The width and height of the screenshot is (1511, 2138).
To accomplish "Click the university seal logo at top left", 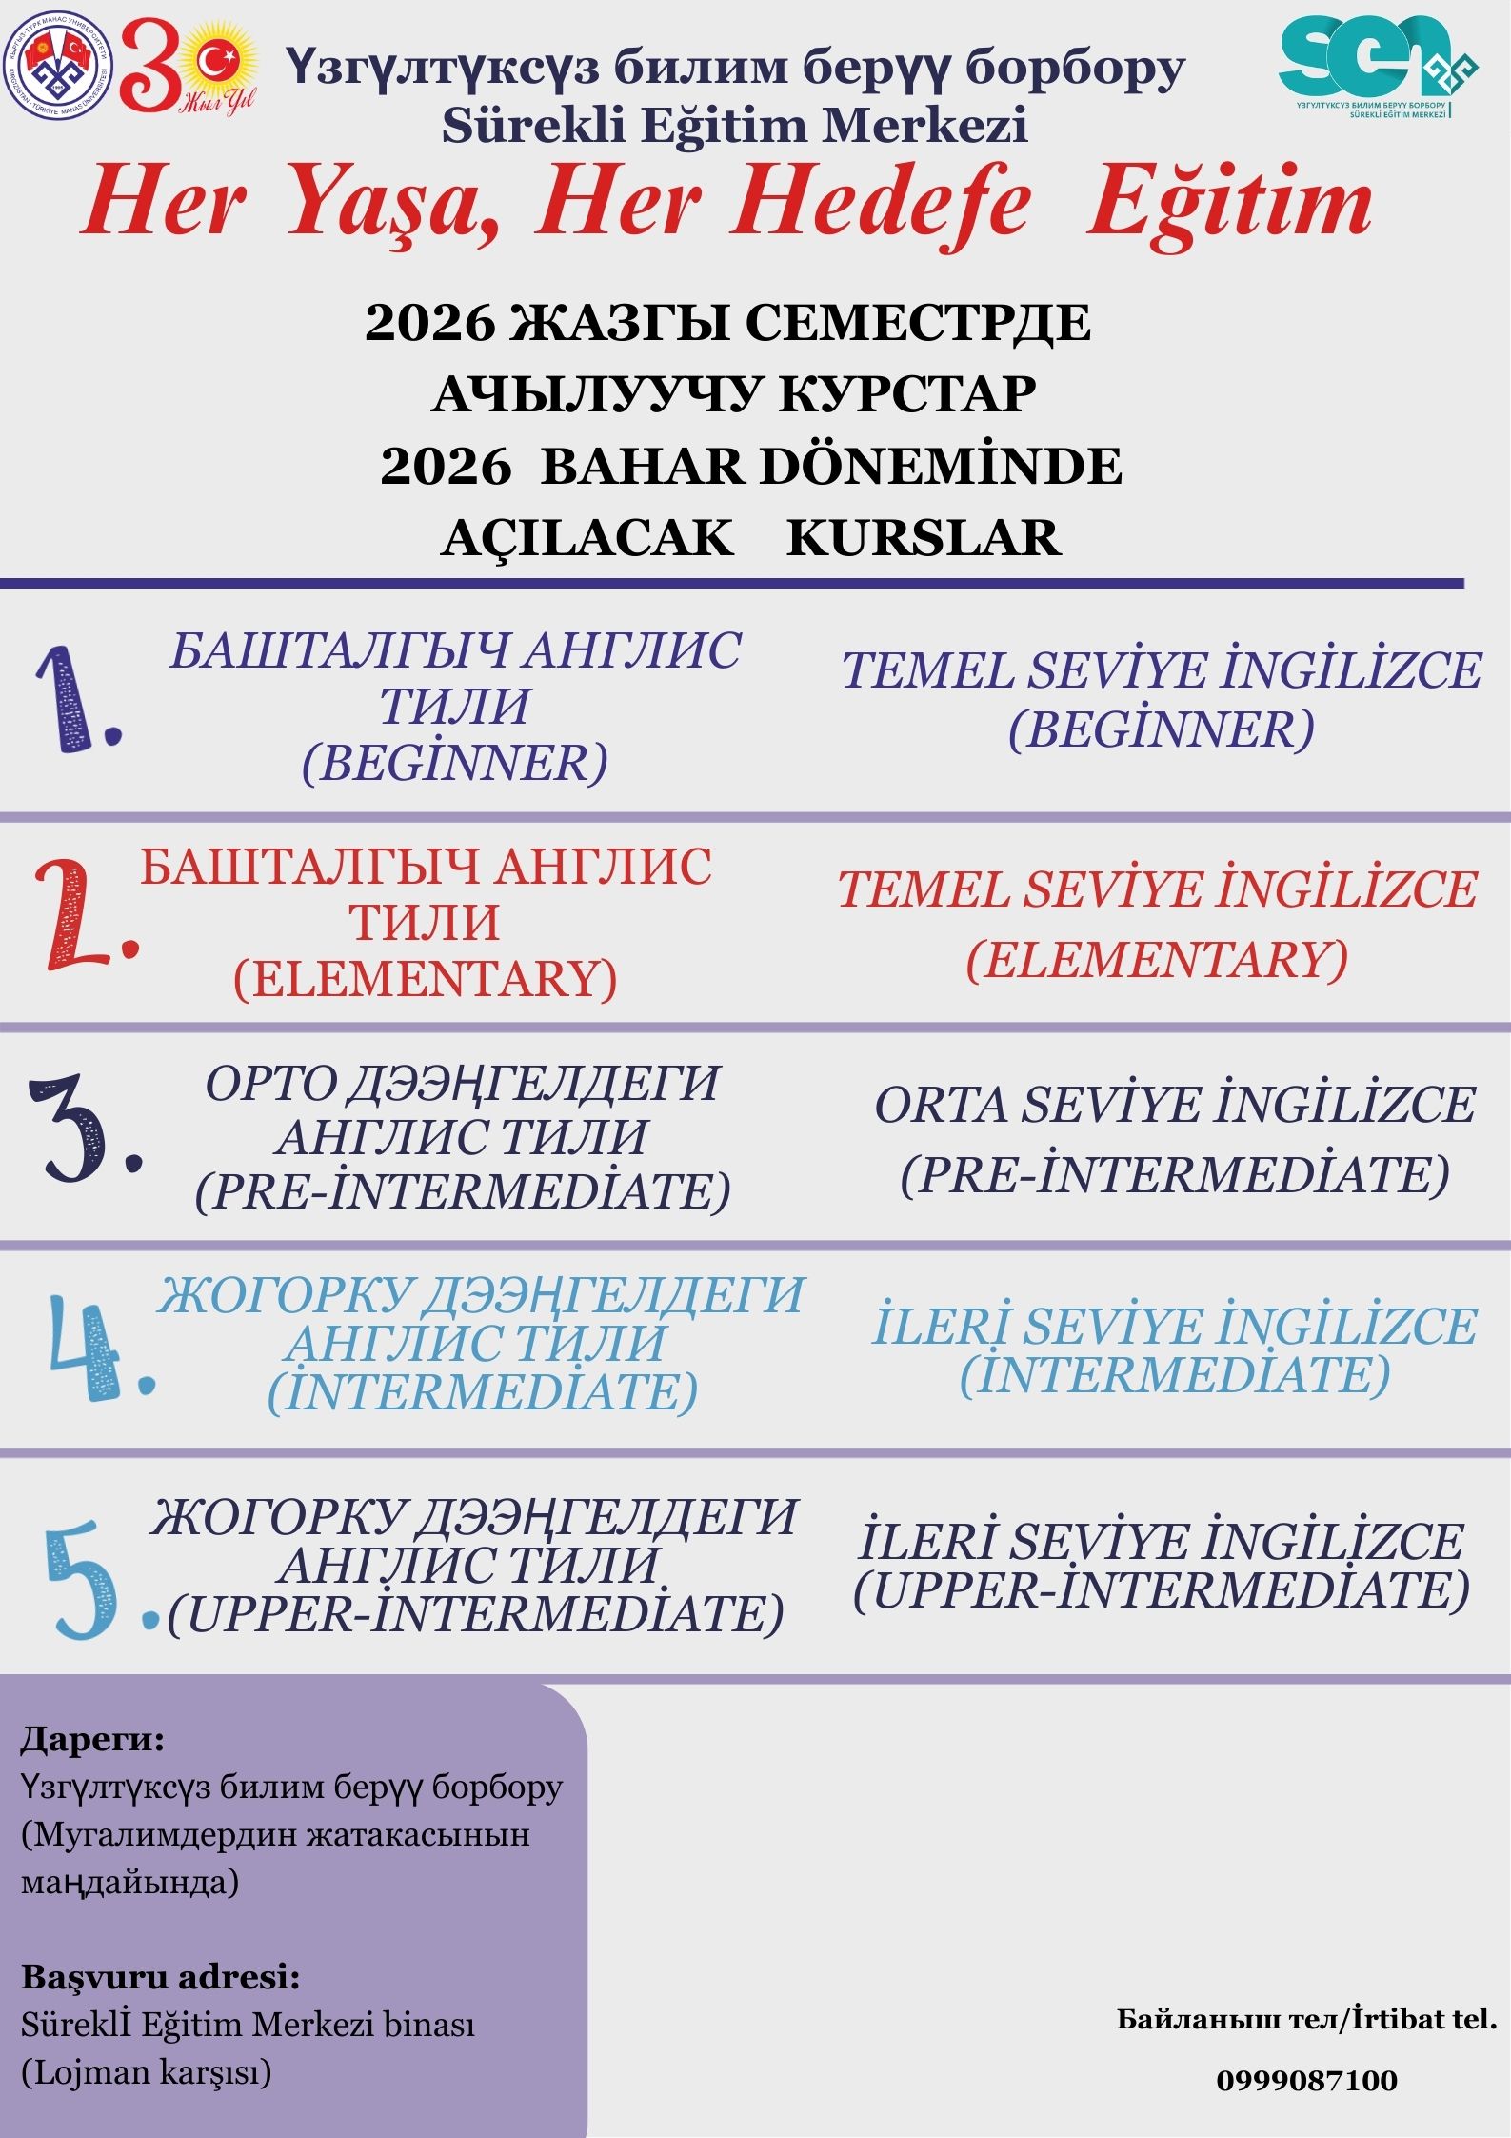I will click(x=58, y=67).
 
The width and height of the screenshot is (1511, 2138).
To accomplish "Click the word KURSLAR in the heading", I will click(x=923, y=538).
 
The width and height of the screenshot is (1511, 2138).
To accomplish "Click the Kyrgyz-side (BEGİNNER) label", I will click(x=455, y=762).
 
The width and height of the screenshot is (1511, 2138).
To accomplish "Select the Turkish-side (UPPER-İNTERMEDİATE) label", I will click(x=1162, y=1589).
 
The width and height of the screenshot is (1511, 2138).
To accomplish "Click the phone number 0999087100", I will click(x=1306, y=2081).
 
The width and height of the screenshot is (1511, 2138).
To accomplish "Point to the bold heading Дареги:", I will click(x=92, y=1739).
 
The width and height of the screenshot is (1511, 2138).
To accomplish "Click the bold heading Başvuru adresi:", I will click(x=160, y=1977).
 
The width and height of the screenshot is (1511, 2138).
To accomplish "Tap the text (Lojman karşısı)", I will click(x=146, y=2072).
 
